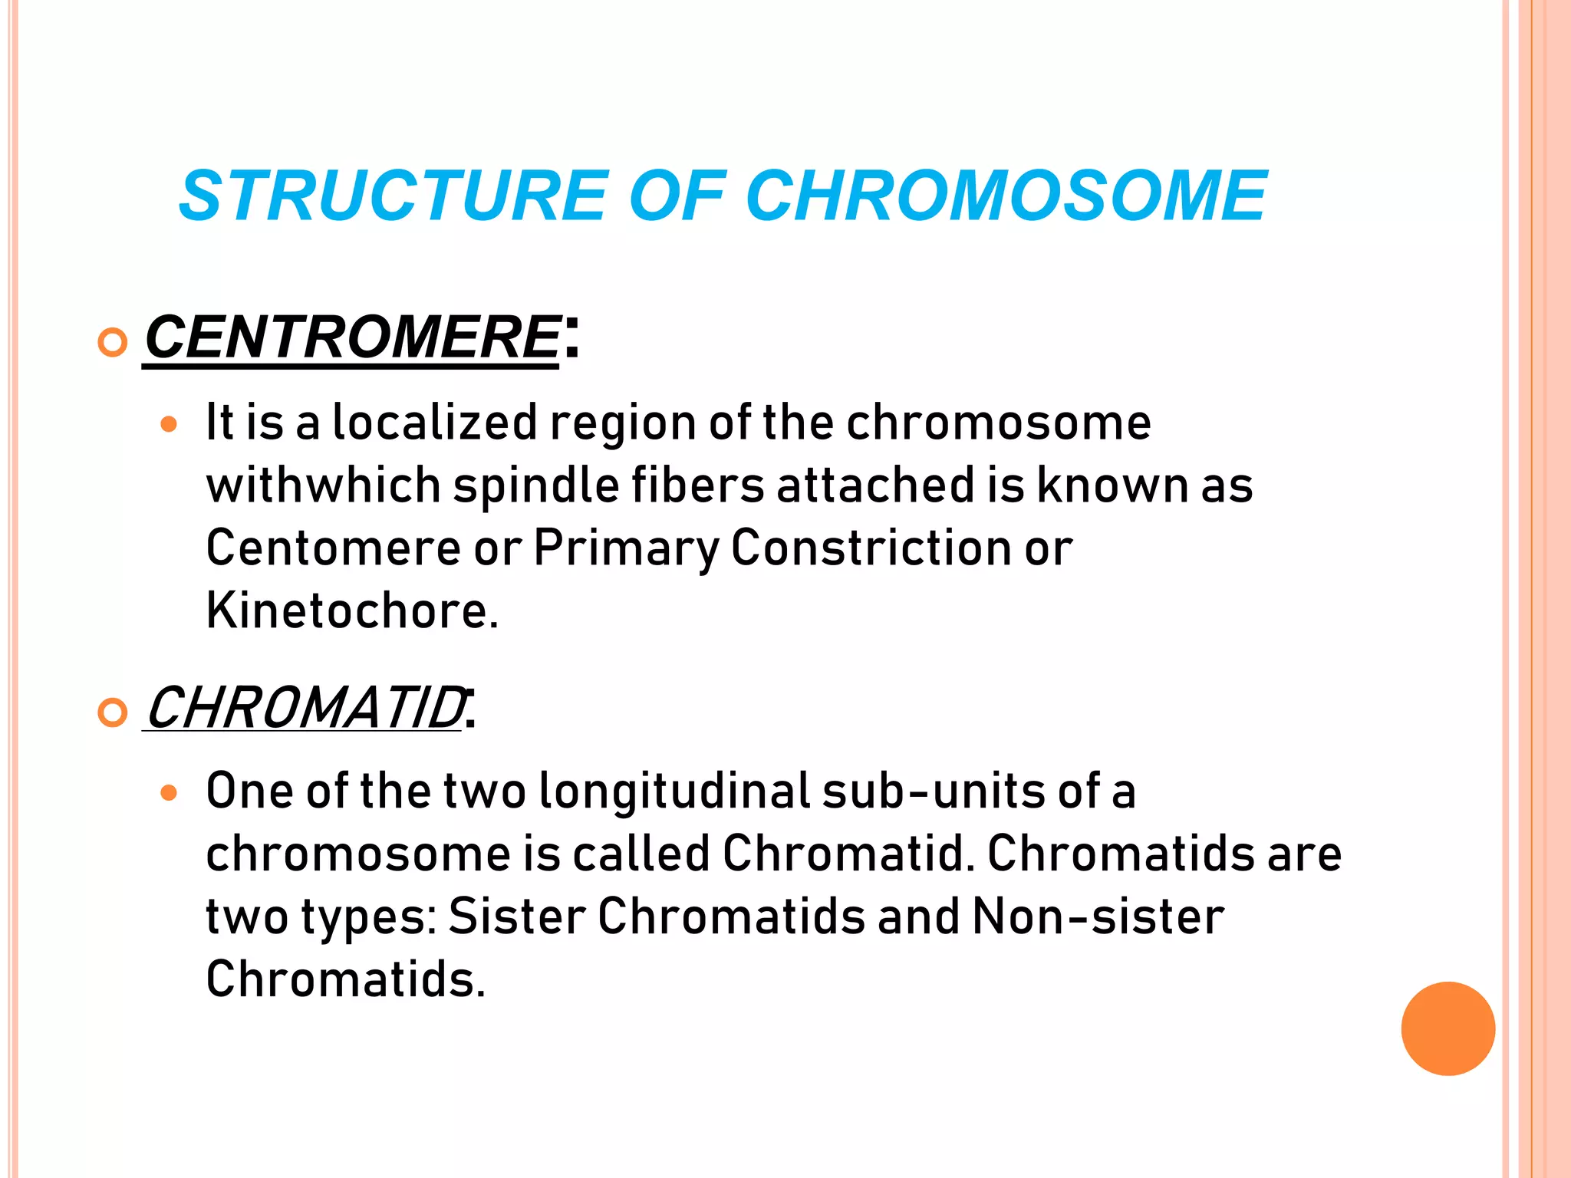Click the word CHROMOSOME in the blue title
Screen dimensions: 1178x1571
1006,196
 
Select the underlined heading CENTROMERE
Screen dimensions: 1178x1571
352,337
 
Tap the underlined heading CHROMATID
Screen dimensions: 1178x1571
305,708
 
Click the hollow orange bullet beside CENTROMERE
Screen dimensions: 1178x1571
113,342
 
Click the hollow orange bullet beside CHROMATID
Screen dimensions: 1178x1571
113,713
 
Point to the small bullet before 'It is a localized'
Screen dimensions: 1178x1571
169,424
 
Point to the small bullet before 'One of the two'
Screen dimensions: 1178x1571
169,793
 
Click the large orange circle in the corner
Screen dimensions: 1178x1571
1447,1028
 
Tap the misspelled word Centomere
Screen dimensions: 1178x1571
333,548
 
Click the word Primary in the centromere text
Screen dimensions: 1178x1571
626,548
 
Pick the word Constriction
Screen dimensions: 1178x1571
871,548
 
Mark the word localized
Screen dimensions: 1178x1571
435,423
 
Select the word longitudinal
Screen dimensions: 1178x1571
674,791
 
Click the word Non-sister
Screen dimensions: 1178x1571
1098,916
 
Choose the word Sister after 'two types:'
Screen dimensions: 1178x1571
517,916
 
